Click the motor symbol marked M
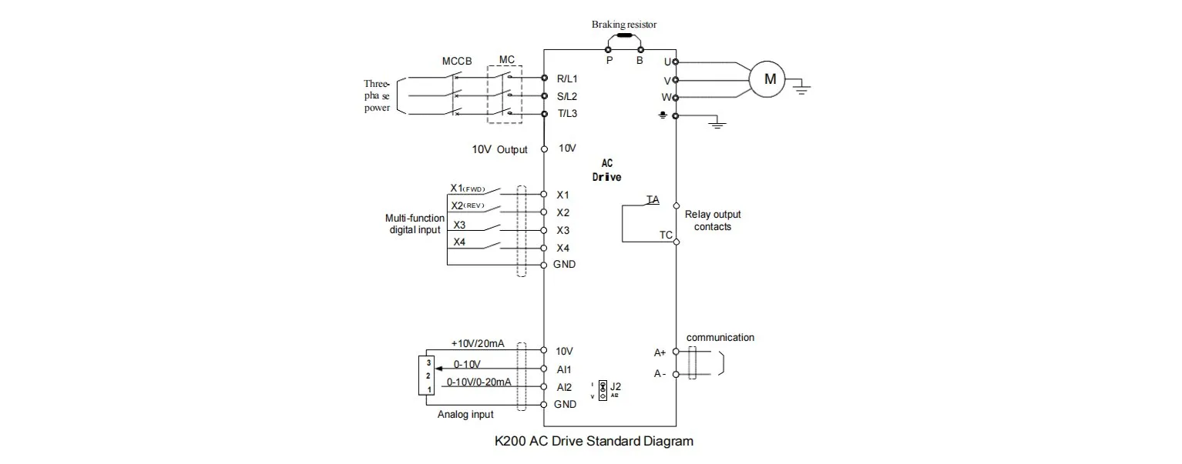click(x=768, y=78)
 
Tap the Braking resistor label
click(x=624, y=25)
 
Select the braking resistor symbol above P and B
click(x=624, y=35)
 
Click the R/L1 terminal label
click(x=567, y=78)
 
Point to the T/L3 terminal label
click(x=567, y=114)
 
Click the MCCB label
click(x=457, y=61)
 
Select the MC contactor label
click(x=506, y=59)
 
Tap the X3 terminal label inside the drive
click(x=562, y=230)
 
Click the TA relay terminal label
click(x=653, y=200)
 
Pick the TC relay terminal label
click(x=666, y=235)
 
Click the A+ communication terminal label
click(x=660, y=352)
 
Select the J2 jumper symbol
click(x=602, y=389)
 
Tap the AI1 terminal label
click(x=564, y=369)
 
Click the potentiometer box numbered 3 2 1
click(x=425, y=376)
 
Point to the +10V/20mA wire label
click(x=478, y=344)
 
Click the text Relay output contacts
click(x=713, y=221)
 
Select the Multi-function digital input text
click(x=415, y=224)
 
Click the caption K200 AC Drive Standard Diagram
click(x=593, y=442)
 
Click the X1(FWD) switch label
click(x=472, y=188)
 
